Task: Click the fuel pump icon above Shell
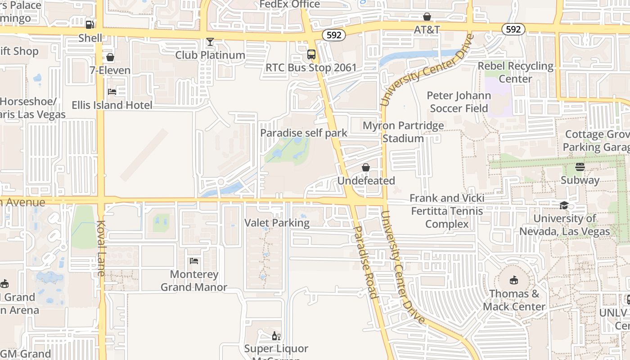(x=90, y=24)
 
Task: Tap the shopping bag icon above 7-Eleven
(x=110, y=57)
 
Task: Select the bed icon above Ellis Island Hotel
(x=112, y=92)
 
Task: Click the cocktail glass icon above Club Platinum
(x=210, y=42)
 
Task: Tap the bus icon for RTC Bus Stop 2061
(x=311, y=54)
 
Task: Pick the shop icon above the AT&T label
(x=427, y=17)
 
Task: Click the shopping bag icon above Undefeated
(x=366, y=167)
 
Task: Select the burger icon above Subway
(x=580, y=167)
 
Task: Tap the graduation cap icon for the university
(x=564, y=206)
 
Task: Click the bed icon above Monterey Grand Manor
(x=194, y=261)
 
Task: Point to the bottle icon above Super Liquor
(x=276, y=336)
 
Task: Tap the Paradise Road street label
(x=365, y=262)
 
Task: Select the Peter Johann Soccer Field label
(x=459, y=102)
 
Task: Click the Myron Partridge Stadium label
(x=403, y=132)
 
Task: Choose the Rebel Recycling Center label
(x=516, y=72)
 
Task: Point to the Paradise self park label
(x=304, y=133)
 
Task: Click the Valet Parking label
(x=277, y=223)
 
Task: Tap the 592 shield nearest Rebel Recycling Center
(x=513, y=30)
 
